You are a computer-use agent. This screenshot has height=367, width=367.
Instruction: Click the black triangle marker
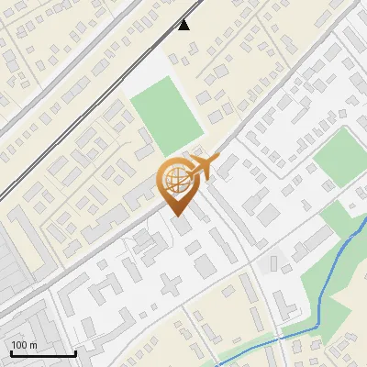coord(184,25)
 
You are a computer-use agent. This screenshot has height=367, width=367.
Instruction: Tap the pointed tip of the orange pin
coord(176,215)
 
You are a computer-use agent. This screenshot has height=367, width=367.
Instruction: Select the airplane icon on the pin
coord(203,168)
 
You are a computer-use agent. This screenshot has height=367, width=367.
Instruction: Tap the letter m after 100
coord(34,344)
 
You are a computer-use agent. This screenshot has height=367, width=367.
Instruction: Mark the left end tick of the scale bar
coord(11,352)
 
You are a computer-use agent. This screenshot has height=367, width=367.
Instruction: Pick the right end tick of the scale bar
coord(75,352)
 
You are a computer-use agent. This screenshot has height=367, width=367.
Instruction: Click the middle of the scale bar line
coord(43,354)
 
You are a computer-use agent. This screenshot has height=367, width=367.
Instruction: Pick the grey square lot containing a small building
coord(273,264)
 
